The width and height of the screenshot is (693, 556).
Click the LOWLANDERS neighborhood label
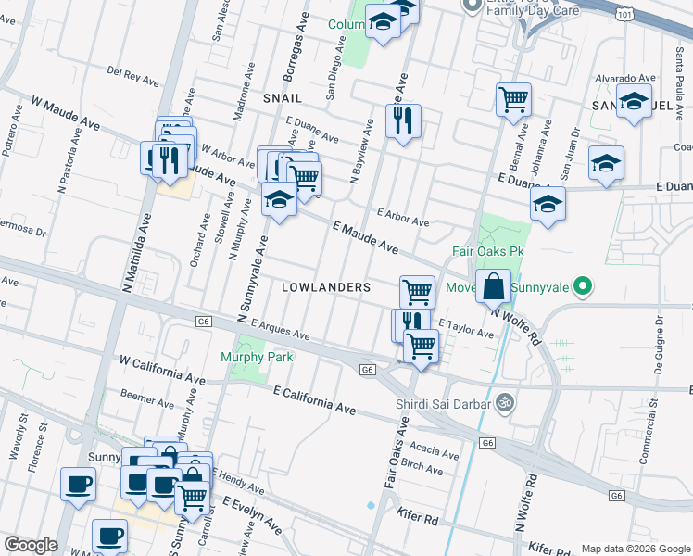(326, 288)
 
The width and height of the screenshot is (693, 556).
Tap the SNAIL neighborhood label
(283, 97)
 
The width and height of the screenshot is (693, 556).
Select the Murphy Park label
(257, 357)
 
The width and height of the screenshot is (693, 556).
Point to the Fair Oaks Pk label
(488, 251)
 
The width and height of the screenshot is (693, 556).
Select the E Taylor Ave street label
(466, 329)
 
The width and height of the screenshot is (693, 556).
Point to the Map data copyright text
(635, 548)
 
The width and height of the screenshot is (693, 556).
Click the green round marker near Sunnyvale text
(582, 287)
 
